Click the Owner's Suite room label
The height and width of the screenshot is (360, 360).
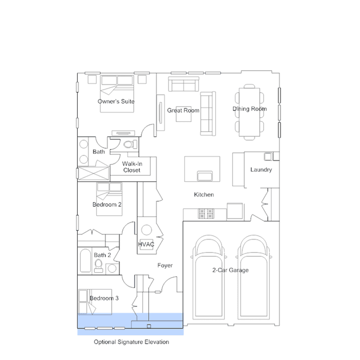[116, 101]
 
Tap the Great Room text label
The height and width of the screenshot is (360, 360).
[183, 110]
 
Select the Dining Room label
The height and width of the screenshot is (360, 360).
[250, 109]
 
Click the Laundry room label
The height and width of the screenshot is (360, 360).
[261, 170]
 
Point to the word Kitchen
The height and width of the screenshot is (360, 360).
[204, 195]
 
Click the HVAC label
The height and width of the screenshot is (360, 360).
[146, 245]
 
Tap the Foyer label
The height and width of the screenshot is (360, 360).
[165, 265]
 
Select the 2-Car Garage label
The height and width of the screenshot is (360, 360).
[230, 270]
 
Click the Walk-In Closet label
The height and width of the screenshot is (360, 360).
[132, 167]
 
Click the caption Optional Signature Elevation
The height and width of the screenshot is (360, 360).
[131, 342]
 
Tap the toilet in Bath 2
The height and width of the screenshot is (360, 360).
[99, 266]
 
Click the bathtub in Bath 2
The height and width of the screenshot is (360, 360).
[86, 261]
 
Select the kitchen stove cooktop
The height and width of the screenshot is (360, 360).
[206, 214]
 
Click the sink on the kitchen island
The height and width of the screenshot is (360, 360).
[205, 176]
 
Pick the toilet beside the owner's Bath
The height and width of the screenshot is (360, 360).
[130, 144]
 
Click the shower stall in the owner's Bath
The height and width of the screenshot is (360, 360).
[94, 173]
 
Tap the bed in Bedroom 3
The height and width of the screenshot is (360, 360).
[95, 301]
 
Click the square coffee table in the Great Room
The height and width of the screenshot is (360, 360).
[184, 114]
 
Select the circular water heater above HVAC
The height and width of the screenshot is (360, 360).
[146, 230]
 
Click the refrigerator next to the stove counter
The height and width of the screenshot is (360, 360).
[235, 211]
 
